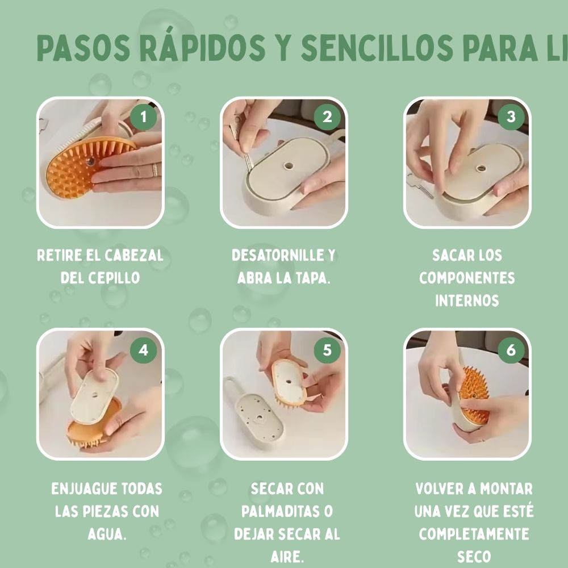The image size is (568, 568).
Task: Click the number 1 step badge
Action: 143,118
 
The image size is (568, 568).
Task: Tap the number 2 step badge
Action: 327,118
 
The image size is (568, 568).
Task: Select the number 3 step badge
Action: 511,117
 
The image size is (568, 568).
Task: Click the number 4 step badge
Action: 143,350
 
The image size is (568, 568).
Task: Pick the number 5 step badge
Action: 327,350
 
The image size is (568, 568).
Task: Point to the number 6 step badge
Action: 511,350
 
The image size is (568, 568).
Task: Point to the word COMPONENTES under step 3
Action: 467,278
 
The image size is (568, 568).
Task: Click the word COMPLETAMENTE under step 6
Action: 474,534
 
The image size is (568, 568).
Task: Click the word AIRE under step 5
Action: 287,557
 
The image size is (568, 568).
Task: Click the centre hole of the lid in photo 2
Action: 287,166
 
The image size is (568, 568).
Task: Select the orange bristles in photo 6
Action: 475,392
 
